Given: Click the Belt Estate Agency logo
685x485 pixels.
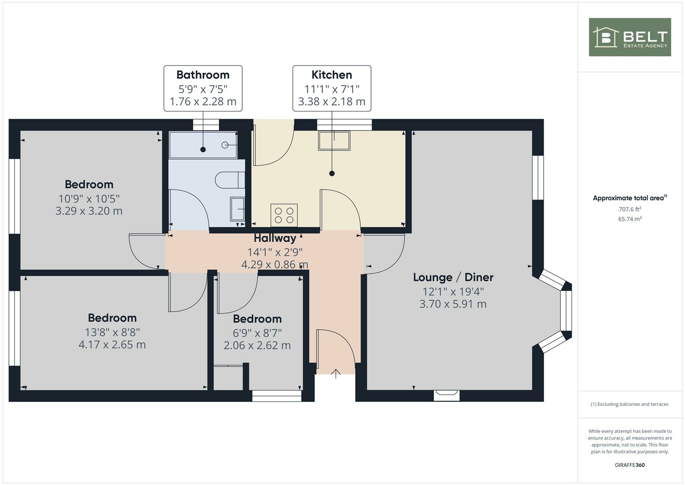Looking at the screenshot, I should (629, 37).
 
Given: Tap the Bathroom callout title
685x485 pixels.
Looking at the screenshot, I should (203, 75).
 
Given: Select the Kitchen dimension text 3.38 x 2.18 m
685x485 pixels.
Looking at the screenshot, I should (332, 101).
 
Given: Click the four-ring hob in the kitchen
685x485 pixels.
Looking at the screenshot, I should (284, 215).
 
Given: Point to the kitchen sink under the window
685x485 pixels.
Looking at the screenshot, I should (334, 141).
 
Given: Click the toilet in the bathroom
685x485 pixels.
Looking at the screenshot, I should (229, 181).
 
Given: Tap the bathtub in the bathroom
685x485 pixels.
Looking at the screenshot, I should (203, 145).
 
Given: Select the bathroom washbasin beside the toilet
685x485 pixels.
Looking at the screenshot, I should (237, 209).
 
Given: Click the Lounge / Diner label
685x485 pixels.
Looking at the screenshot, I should (453, 277).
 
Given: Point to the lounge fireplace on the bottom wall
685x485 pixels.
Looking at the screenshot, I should (447, 394).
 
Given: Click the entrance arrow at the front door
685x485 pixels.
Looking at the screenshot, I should (336, 373).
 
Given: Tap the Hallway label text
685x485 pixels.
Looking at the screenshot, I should (275, 238).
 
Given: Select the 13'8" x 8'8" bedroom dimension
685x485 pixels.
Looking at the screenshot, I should (112, 332).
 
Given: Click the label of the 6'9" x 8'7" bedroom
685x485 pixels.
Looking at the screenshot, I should (257, 319).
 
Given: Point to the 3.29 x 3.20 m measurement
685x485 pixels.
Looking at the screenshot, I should (89, 211).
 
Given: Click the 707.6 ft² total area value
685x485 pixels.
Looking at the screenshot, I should (629, 209).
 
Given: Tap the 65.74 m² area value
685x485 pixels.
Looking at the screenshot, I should (629, 219).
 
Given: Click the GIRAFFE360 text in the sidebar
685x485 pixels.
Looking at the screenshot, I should (629, 465).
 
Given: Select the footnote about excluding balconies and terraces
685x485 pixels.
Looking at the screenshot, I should (629, 404).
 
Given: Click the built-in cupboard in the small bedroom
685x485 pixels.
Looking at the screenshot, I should (228, 378).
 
